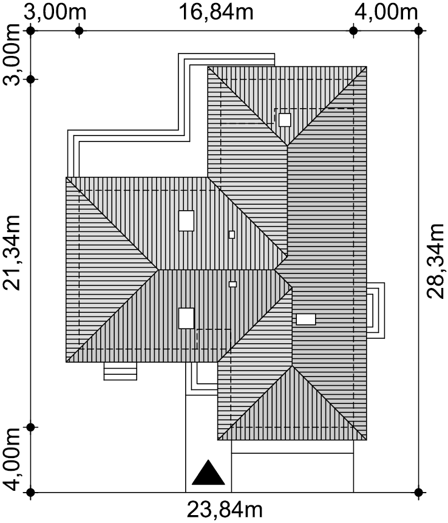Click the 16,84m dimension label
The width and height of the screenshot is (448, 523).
coord(216,12)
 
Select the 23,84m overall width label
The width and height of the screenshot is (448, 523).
coord(225,510)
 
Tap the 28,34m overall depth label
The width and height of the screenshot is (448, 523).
coord(435,261)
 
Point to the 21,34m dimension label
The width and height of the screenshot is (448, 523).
coord(12,253)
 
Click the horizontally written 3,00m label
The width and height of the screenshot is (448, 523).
coord(55,12)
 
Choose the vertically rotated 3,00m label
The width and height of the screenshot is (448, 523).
coord(12,55)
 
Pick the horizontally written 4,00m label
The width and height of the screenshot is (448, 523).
coord(386,12)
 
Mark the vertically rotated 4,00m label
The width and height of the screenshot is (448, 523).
coord(12,459)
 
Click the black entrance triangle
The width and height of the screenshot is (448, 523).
coord(208,473)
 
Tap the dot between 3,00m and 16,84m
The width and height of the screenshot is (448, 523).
coord(79,31)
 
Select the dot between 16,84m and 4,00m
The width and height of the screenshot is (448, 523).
coord(353,31)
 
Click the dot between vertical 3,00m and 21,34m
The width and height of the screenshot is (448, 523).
coord(31,80)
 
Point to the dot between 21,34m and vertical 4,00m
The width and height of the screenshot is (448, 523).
coord(31,427)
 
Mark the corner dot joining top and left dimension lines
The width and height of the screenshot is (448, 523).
coord(31,31)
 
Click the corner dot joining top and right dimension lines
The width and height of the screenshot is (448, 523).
coord(419,31)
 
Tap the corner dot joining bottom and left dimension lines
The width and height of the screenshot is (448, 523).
coord(31,492)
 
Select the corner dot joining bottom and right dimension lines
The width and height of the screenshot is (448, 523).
coord(419,492)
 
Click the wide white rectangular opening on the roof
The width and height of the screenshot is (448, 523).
coord(306,319)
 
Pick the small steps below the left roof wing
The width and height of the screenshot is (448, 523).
coord(120,371)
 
